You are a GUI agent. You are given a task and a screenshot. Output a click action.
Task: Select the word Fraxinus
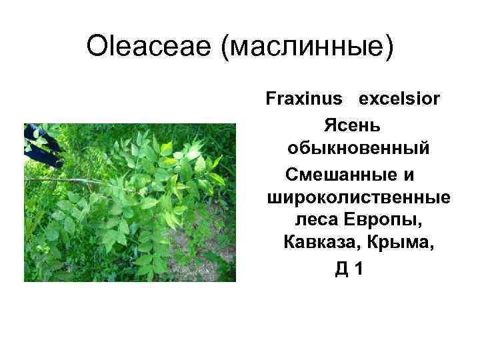(x=304, y=100)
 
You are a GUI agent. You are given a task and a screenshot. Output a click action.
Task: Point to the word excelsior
(x=399, y=100)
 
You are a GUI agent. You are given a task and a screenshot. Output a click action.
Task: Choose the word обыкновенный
(x=359, y=149)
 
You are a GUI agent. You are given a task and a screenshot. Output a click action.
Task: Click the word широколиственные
(x=358, y=198)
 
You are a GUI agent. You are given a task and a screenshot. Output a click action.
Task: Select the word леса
(x=316, y=222)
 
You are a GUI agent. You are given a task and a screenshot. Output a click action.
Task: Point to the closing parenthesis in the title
(x=389, y=48)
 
